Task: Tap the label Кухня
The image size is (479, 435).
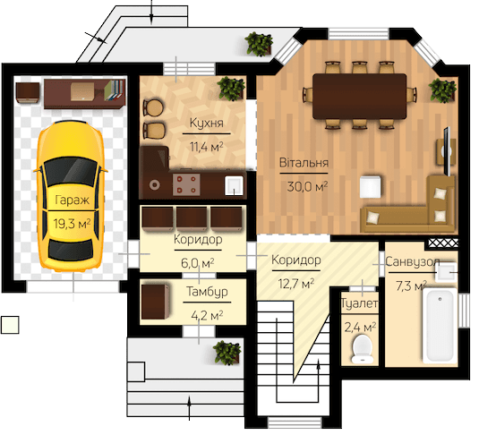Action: pos(207,123)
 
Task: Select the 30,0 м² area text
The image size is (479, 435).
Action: pos(307,186)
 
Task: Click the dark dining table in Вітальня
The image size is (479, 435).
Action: pos(360,96)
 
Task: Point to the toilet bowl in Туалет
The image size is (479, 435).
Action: pos(362,348)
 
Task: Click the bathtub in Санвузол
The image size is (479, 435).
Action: pos(440,326)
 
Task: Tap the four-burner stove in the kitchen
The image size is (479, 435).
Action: pos(186,184)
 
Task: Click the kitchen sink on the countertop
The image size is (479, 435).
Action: pos(234,185)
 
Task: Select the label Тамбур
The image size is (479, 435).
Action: pos(207,292)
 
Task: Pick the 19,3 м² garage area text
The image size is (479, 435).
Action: pos(73,223)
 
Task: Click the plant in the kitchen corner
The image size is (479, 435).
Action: pos(231,89)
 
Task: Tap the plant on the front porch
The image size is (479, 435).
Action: pos(227,353)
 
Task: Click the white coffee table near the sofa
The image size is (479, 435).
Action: pos(371,186)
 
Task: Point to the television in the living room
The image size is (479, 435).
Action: pos(448,151)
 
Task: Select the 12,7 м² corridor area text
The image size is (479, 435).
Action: pos(296,284)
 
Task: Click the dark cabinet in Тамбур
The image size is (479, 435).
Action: pos(156,302)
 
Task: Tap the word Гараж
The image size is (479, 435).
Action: pos(73,200)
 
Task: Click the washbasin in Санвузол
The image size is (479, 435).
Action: pos(446,271)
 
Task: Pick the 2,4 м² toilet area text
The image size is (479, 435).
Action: pos(360,328)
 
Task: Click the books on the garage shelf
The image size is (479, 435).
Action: pos(115,90)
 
